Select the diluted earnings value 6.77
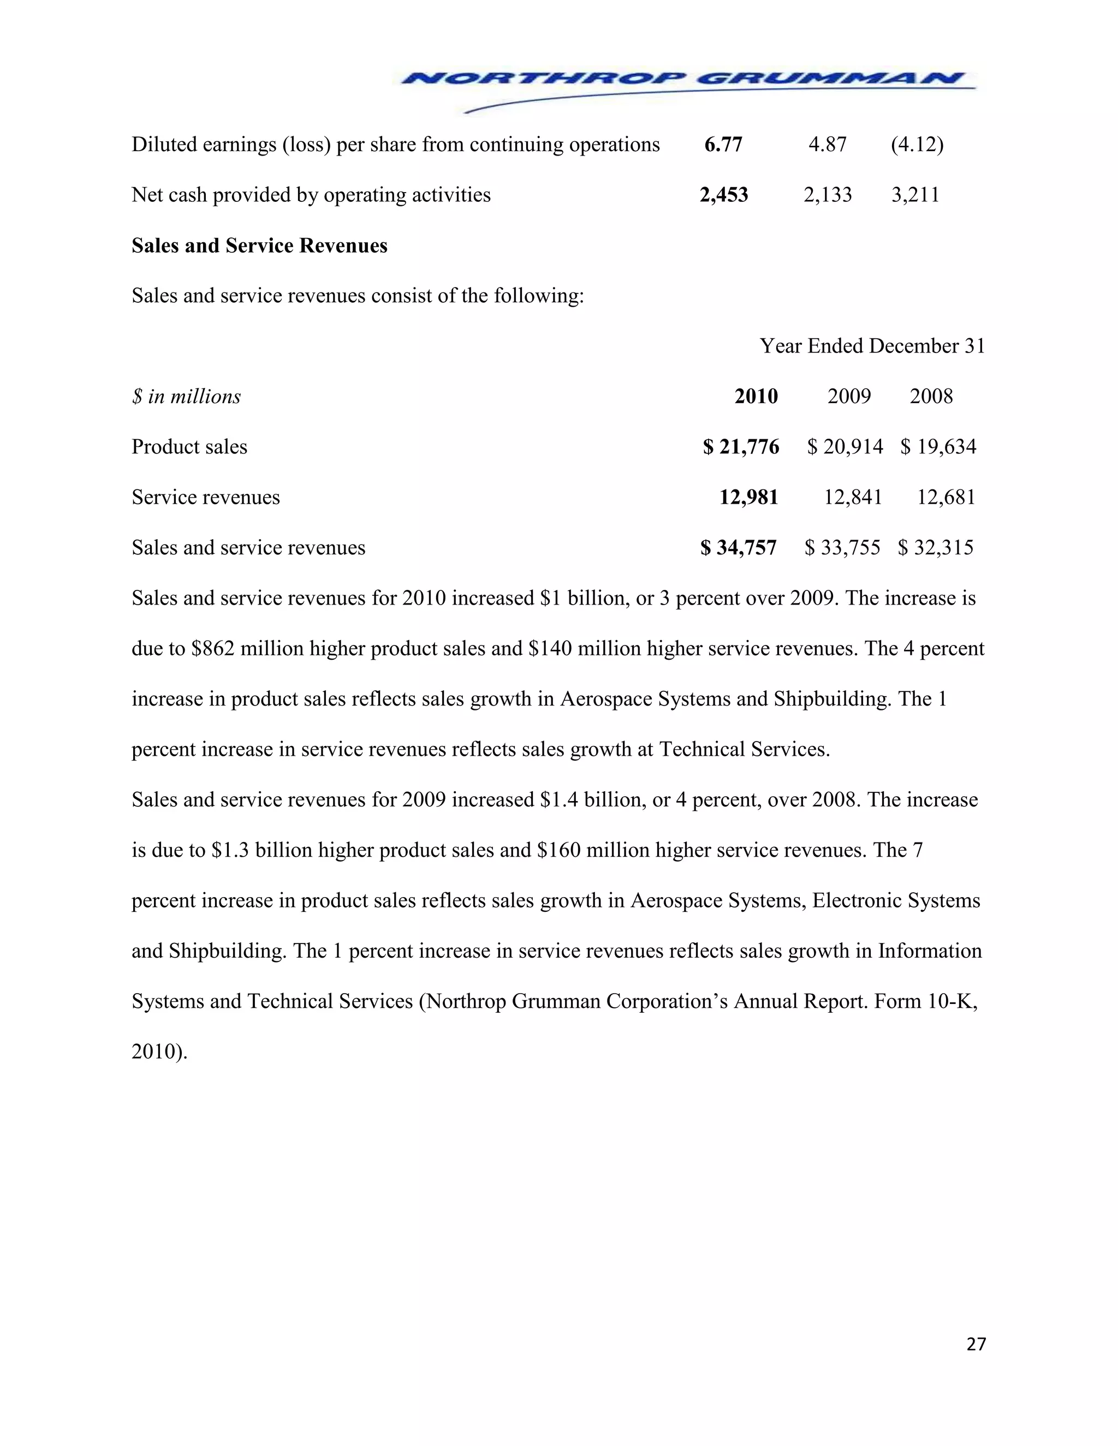(x=723, y=145)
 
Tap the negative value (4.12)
(x=917, y=145)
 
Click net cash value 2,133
(x=827, y=195)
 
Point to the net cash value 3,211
(x=915, y=195)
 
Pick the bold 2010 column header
(x=756, y=396)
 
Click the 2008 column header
(x=931, y=396)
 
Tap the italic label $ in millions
(x=186, y=397)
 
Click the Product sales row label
(x=189, y=447)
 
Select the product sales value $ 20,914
(x=845, y=447)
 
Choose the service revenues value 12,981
(x=748, y=497)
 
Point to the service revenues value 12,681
(x=946, y=497)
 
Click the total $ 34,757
(x=739, y=547)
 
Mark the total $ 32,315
(x=935, y=547)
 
